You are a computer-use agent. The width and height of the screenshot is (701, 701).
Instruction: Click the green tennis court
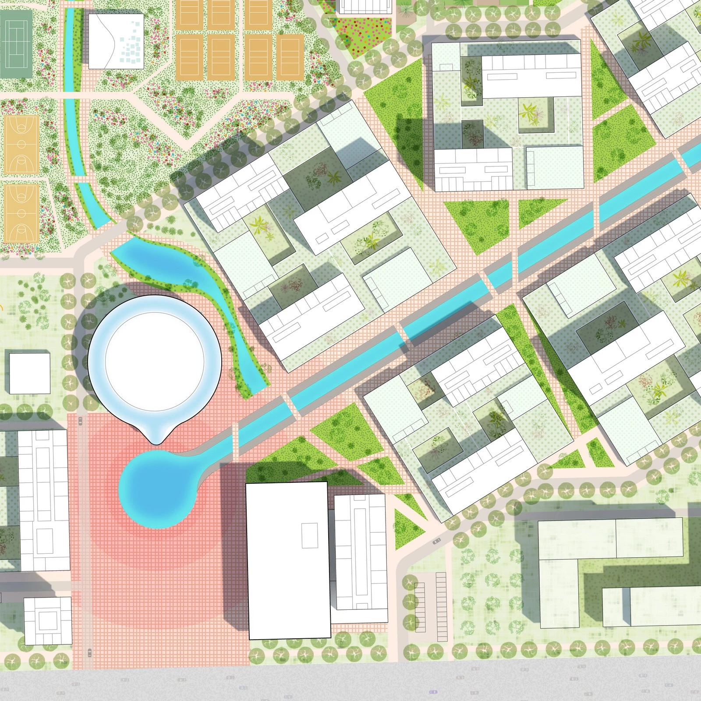[16, 44]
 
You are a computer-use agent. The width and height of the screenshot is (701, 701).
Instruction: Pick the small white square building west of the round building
[29, 373]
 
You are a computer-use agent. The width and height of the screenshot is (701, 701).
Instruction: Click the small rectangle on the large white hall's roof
[310, 535]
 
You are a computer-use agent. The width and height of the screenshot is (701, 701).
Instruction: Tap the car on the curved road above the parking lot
[436, 542]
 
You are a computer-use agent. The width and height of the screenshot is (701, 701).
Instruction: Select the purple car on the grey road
[433, 692]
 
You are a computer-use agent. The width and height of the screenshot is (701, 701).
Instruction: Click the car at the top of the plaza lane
[80, 421]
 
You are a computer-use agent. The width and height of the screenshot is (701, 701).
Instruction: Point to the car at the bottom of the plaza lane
[89, 652]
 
